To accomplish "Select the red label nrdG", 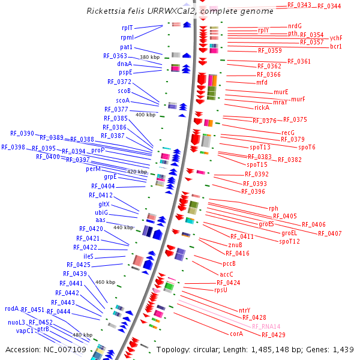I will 295,26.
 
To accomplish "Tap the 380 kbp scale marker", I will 149,57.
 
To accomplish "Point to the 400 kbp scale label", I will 145,115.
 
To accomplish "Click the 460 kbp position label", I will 105,282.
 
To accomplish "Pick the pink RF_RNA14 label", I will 266,326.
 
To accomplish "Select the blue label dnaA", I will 125,64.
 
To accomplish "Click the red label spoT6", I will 307,147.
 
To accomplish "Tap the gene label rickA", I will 262,108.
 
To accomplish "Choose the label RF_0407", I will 329,233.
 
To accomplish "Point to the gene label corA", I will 236,334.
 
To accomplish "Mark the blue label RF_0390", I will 22,133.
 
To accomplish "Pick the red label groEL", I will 289,233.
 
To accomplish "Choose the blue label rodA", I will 12,309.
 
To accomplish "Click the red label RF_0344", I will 329,6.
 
